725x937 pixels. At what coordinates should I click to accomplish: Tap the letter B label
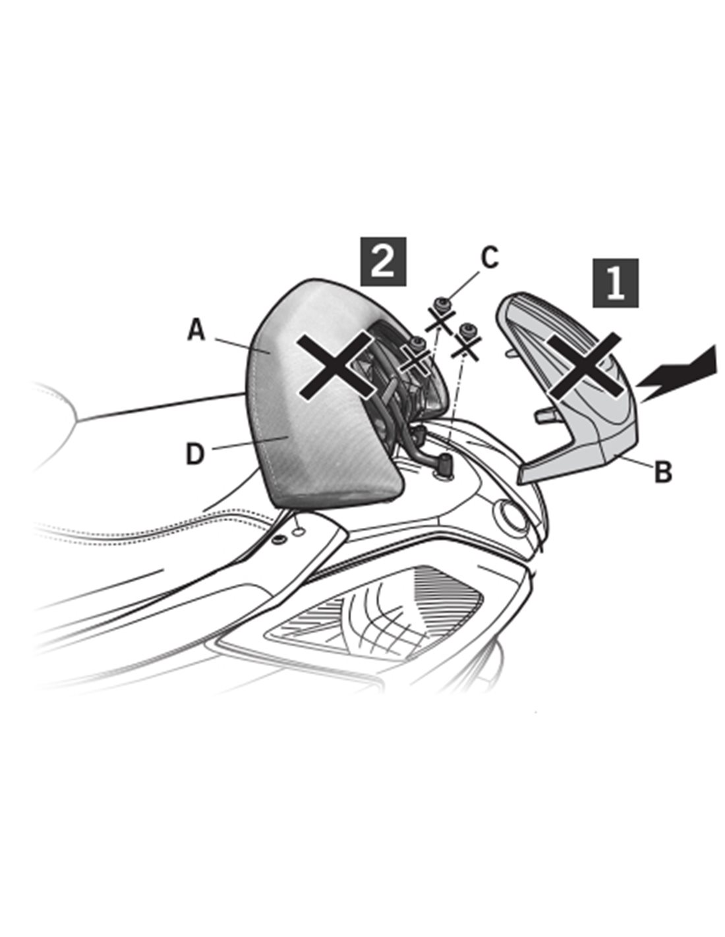[662, 472]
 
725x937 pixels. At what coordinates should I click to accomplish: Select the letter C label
[490, 258]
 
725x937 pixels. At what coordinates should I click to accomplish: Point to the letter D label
[195, 455]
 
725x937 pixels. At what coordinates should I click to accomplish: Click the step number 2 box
[382, 262]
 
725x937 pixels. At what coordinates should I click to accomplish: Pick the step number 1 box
[616, 283]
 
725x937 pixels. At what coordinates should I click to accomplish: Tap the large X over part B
[585, 365]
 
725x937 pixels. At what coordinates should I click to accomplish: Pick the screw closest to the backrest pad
[417, 345]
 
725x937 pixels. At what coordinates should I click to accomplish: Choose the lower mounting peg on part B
[544, 415]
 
